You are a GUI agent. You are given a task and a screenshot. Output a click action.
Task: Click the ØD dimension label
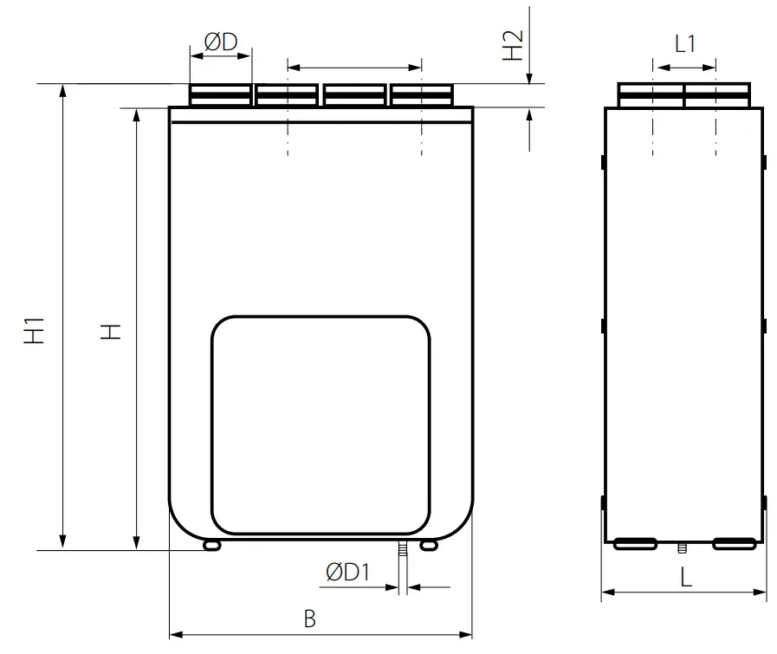click(x=220, y=42)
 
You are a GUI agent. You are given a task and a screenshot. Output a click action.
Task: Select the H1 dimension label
click(x=35, y=331)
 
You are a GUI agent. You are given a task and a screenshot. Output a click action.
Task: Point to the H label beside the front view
click(x=109, y=331)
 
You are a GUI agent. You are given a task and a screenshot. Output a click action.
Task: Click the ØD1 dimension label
click(x=348, y=572)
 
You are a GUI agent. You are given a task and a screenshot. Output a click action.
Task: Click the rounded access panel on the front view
click(x=321, y=424)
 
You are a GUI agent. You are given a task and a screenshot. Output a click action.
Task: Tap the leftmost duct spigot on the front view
click(x=220, y=95)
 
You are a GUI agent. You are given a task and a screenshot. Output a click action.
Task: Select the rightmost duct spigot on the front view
click(x=422, y=95)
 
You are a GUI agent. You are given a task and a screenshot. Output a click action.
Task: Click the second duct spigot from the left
click(x=287, y=95)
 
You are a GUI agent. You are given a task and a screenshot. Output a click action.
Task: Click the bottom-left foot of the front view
click(x=211, y=545)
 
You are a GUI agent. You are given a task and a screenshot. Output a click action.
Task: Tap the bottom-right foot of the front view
click(x=429, y=545)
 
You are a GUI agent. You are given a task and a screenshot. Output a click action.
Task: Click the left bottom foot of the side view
click(x=635, y=544)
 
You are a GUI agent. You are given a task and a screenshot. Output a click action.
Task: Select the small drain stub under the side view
click(x=683, y=547)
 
